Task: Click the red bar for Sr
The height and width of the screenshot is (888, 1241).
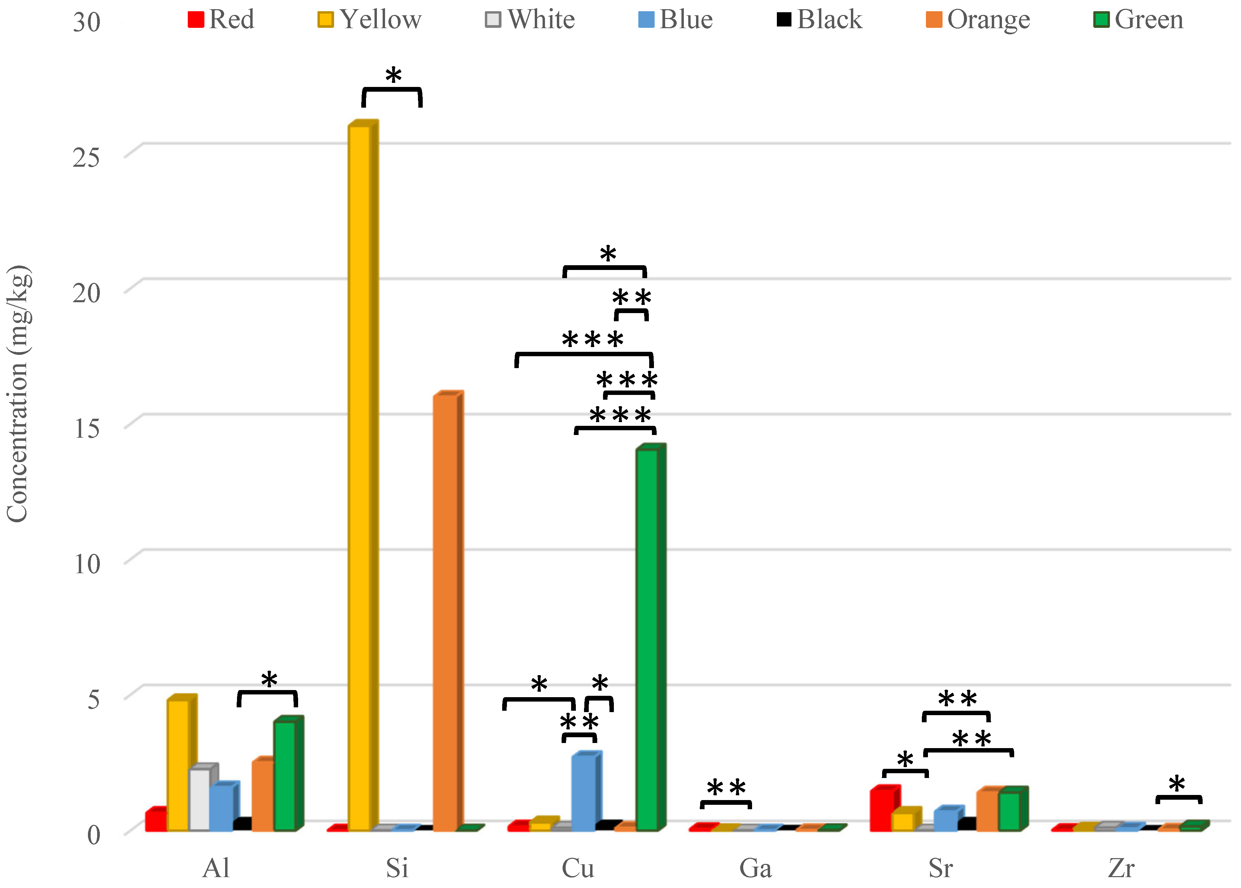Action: coord(884,808)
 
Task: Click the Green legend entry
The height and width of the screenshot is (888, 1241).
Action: coord(1138,20)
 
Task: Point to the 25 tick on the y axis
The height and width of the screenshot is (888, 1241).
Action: coord(86,158)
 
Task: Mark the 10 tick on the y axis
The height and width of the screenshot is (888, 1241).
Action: coord(86,564)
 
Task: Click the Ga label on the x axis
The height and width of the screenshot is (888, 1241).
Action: coord(755,868)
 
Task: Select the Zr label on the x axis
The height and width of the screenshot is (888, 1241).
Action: coord(1121,868)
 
